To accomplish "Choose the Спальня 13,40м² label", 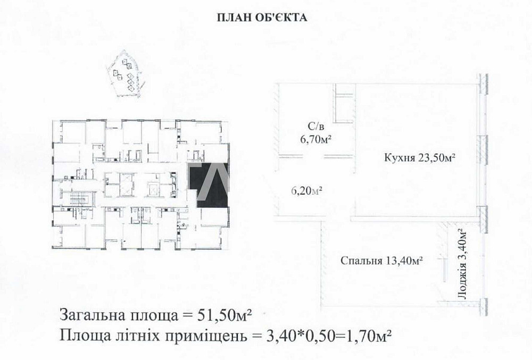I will (x=381, y=261).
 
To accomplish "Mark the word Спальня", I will (x=359, y=261).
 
